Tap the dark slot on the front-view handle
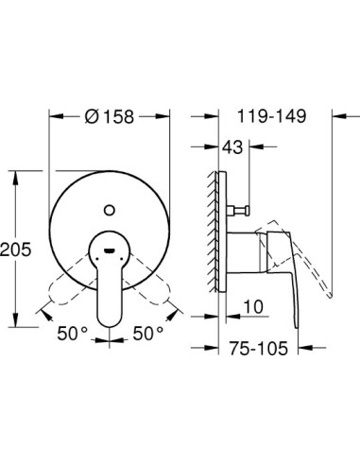click(x=110, y=251)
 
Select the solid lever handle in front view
click(x=111, y=284)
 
